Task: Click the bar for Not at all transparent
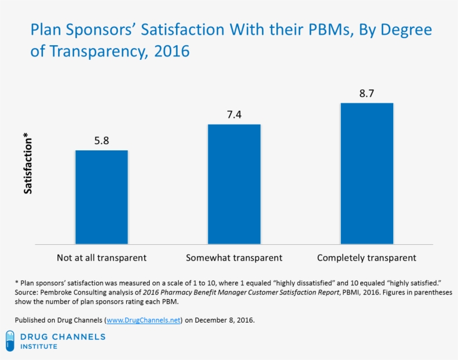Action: point(102,197)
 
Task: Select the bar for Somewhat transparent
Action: point(234,184)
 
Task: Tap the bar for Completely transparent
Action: point(366,173)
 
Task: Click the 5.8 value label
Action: point(102,141)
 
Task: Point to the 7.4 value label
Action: point(234,115)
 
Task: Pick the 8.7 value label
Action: point(366,93)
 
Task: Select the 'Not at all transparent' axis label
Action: point(102,258)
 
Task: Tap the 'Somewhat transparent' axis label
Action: point(234,258)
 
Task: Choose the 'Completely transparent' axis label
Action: point(366,258)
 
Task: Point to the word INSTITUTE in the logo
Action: point(39,347)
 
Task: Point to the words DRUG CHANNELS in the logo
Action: point(63,337)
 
